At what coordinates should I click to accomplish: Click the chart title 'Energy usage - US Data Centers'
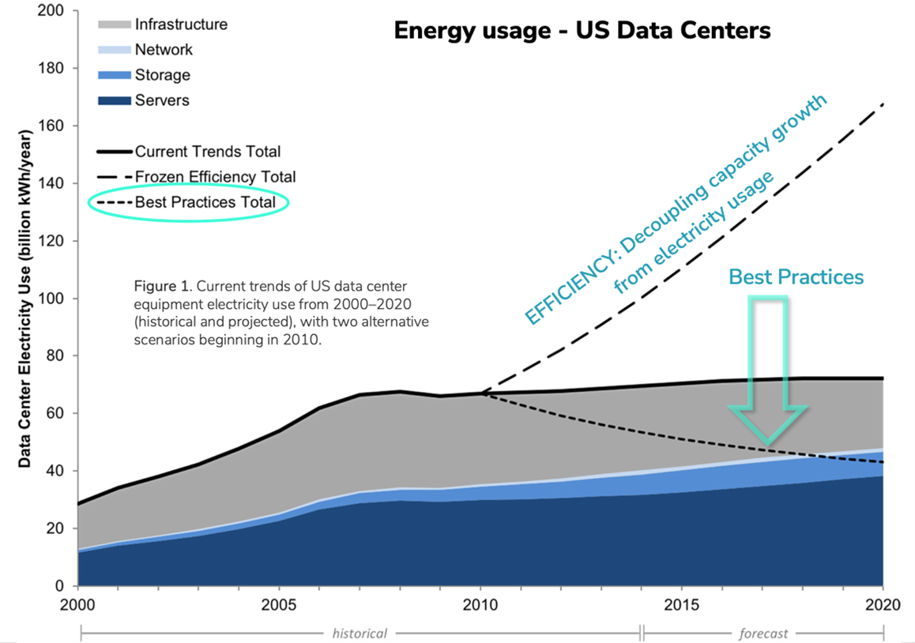(x=582, y=32)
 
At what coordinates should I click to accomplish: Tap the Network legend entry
(x=164, y=50)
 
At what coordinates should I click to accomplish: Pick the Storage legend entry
(x=162, y=75)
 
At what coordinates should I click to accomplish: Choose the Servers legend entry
(x=162, y=100)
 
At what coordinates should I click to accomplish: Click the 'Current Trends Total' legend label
(x=207, y=151)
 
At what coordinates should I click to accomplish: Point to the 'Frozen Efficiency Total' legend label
(x=215, y=177)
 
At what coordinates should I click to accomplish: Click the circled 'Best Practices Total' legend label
(x=205, y=202)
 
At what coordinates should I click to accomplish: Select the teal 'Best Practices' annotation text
(x=796, y=276)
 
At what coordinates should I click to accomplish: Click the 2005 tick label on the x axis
(x=278, y=605)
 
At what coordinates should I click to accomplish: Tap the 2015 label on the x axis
(x=681, y=605)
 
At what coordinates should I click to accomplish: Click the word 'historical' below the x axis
(x=360, y=633)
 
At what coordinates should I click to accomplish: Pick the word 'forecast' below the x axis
(x=762, y=633)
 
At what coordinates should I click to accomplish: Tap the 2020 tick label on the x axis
(x=882, y=605)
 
